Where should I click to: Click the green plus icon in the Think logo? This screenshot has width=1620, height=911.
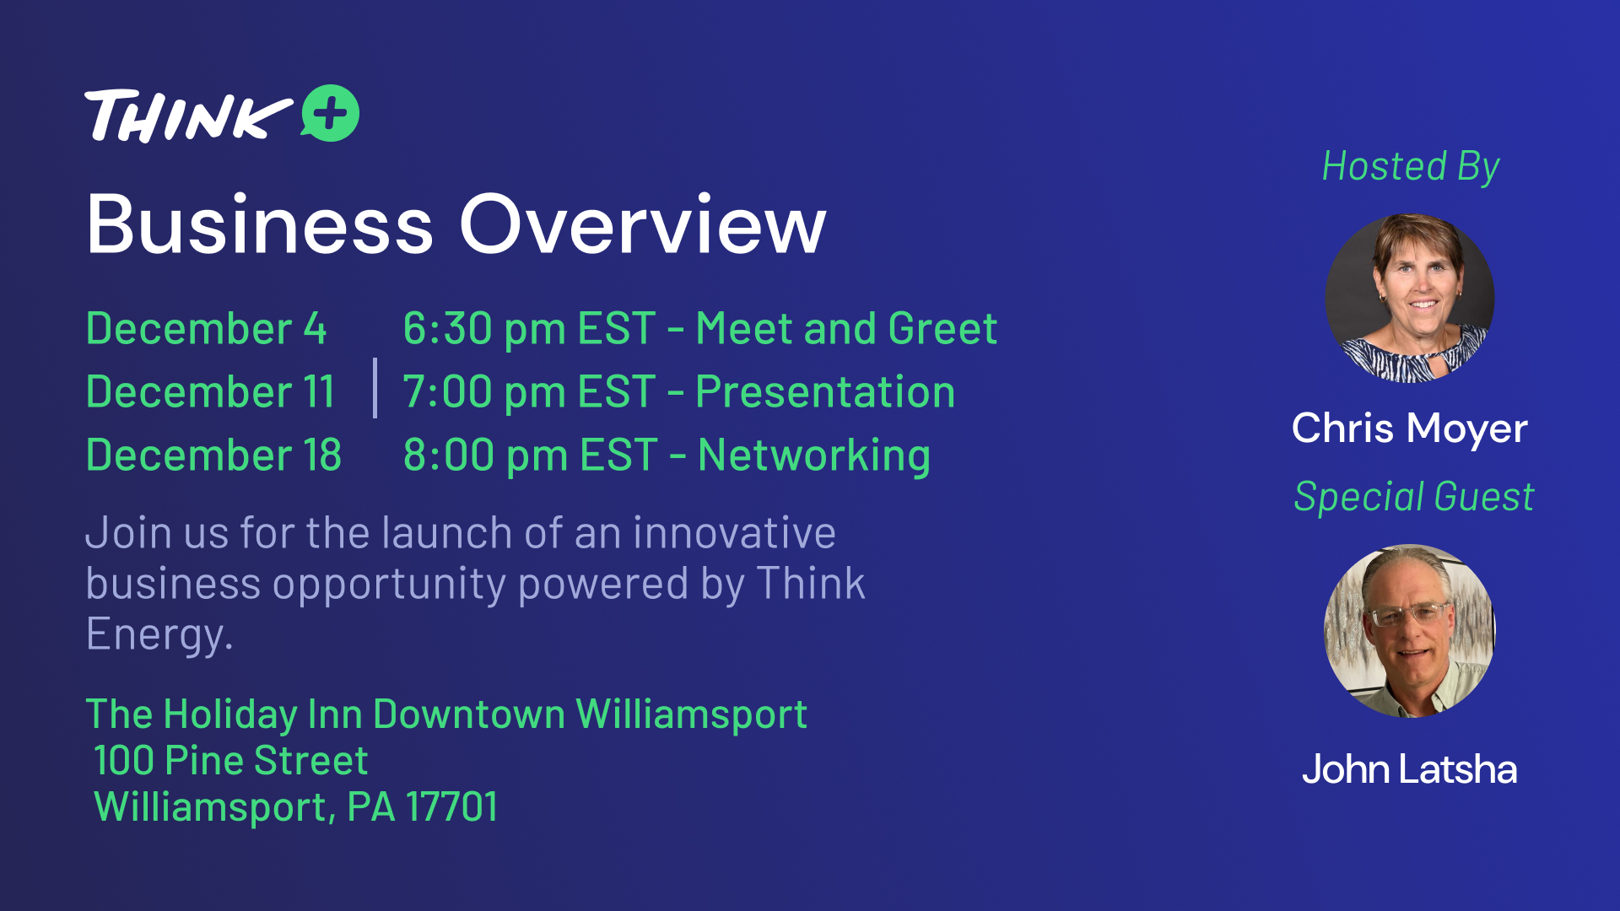(x=330, y=113)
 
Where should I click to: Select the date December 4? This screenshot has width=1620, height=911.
(x=206, y=328)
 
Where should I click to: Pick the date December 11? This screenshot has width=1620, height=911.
(x=210, y=391)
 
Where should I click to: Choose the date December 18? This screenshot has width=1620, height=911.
(x=213, y=455)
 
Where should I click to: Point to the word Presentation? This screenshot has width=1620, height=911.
(x=825, y=392)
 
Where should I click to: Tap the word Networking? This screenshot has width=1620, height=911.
(x=814, y=456)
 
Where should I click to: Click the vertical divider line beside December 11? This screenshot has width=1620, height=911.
(x=375, y=388)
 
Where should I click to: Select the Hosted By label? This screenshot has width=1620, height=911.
(x=1411, y=167)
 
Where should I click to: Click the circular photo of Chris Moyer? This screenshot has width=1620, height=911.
(x=1410, y=298)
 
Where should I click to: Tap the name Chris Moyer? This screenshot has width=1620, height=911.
(x=1410, y=429)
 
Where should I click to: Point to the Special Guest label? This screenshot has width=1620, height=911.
(x=1414, y=497)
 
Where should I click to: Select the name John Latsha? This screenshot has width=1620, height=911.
(x=1410, y=769)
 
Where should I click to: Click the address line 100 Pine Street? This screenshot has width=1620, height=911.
(x=231, y=761)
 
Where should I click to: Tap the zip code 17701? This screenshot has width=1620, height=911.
(x=452, y=807)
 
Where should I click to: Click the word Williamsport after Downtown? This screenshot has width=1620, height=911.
(x=692, y=715)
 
